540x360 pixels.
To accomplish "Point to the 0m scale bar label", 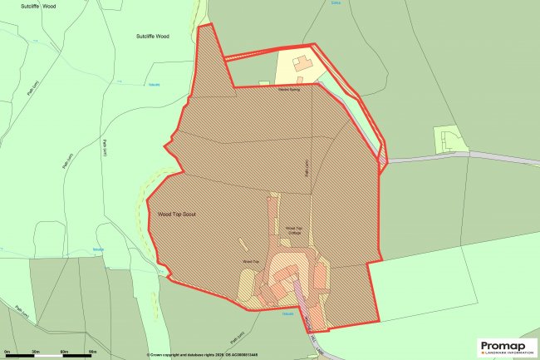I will point(7,353).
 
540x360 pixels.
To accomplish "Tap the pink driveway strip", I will point(303,299).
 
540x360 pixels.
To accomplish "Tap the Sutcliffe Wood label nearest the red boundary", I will point(152,37).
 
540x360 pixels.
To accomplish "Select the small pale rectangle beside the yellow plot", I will point(264,82).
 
